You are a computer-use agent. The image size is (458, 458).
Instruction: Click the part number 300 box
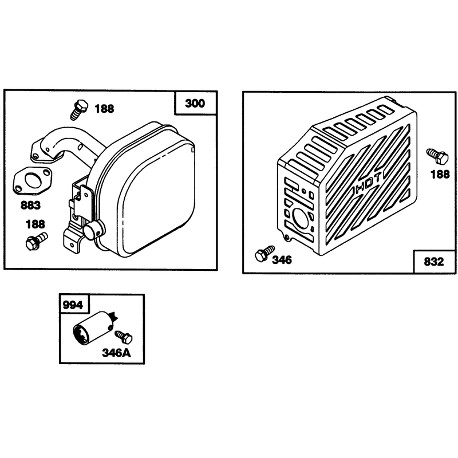196,103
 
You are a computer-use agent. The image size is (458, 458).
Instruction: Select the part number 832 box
435,261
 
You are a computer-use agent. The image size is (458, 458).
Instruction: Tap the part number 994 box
73,305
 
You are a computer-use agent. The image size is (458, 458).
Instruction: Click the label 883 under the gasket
30,205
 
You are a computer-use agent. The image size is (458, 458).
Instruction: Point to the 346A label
117,353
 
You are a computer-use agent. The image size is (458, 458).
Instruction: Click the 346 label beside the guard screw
282,260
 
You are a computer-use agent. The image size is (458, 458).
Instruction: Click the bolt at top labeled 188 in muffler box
78,109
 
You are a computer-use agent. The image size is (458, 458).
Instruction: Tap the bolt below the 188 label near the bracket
37,241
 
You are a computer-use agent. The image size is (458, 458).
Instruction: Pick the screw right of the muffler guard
437,156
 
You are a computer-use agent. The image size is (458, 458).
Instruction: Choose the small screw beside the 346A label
124,337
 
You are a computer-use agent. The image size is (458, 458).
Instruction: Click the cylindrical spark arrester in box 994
93,327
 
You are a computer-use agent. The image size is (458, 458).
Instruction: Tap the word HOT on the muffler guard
368,183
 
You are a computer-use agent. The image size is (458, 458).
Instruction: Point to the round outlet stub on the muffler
93,230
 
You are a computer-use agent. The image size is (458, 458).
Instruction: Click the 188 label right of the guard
440,175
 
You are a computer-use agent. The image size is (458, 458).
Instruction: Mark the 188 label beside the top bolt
104,109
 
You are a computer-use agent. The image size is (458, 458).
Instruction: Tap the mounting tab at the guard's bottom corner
287,236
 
